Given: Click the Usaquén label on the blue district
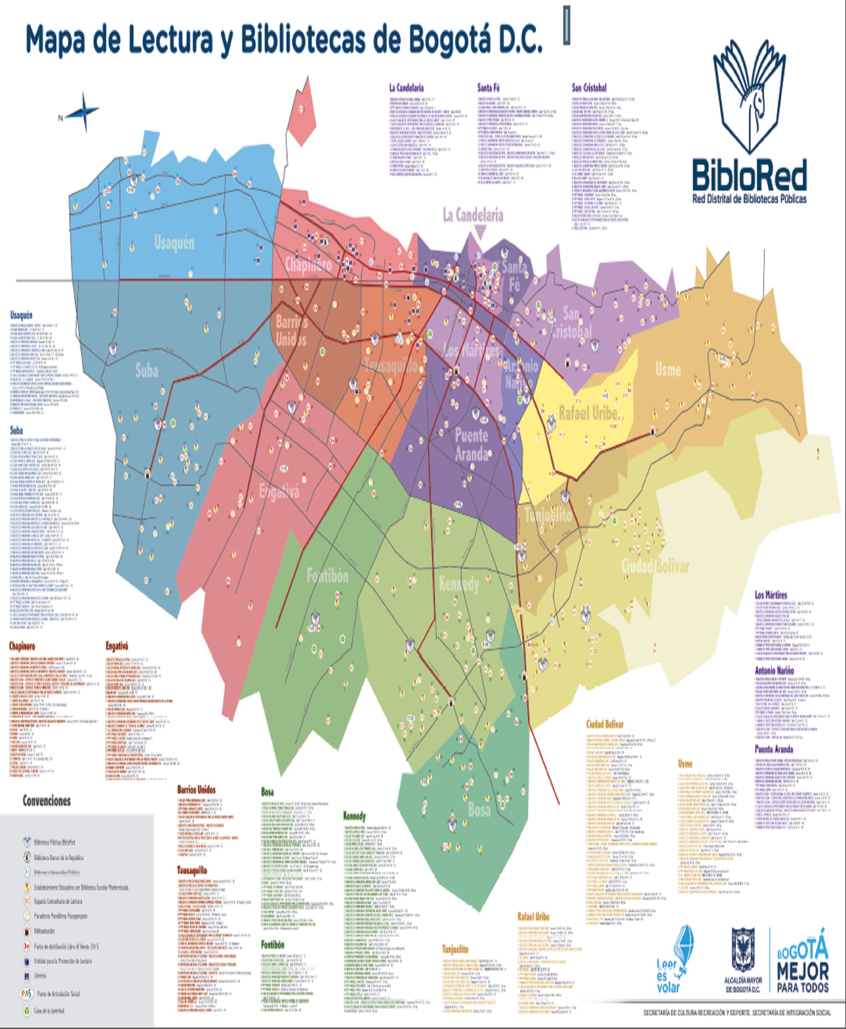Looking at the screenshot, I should [x=174, y=242].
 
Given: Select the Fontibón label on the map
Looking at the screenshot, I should [x=327, y=576].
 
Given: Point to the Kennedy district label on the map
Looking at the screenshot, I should [x=459, y=584].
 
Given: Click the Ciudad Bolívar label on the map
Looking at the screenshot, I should [x=655, y=566].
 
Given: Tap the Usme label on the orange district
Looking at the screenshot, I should [x=668, y=369].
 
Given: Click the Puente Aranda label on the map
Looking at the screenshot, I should [x=471, y=444].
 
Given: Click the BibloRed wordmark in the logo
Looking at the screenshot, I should [x=749, y=175].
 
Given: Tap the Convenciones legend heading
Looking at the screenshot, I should [x=47, y=801].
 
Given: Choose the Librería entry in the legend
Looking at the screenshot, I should [x=40, y=976].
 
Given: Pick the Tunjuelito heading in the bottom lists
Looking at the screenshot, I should [x=455, y=949].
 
